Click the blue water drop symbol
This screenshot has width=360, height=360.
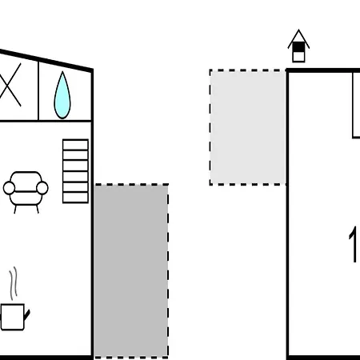pyautogui.click(x=62, y=96)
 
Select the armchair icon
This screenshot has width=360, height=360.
pyautogui.click(x=26, y=192)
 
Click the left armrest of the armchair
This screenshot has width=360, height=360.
pyautogui.click(x=9, y=188)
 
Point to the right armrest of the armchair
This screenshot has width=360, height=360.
pyautogui.click(x=42, y=188)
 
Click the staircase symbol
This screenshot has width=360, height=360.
pyautogui.click(x=75, y=171)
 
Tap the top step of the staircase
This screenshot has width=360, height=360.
pyautogui.click(x=75, y=145)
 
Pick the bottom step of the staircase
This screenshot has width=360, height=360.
pyautogui.click(x=75, y=198)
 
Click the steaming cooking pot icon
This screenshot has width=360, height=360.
pyautogui.click(x=14, y=298)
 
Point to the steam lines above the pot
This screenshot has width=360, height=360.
pyautogui.click(x=14, y=283)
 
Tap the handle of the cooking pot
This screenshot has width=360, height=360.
pyautogui.click(x=27, y=314)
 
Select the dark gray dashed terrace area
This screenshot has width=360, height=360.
pyautogui.click(x=131, y=271)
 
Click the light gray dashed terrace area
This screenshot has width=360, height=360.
pyautogui.click(x=248, y=127)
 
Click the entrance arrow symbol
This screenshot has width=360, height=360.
pyautogui.click(x=298, y=46)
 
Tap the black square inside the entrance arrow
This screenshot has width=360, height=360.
pyautogui.click(x=298, y=47)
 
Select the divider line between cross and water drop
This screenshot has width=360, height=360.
pyautogui.click(x=38, y=91)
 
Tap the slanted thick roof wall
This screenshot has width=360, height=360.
pyautogui.click(x=46, y=60)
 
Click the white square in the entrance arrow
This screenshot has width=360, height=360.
pyautogui.click(x=298, y=57)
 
